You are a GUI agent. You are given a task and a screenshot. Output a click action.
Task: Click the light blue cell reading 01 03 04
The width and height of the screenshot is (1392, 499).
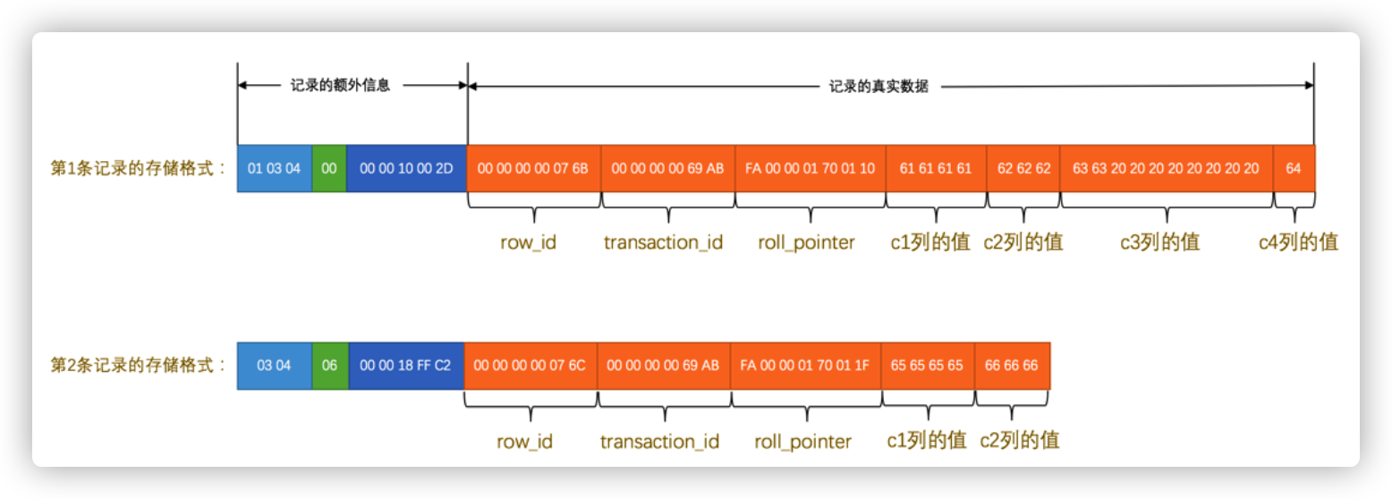274,168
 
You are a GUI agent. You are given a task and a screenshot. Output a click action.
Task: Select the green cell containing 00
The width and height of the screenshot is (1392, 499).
329,168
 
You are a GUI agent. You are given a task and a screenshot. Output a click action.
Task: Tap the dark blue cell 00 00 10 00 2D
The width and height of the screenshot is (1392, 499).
406,168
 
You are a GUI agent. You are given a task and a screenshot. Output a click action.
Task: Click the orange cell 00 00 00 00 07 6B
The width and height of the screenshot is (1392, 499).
533,168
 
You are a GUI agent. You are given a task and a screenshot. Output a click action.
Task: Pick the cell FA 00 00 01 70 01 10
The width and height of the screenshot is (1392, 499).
810,168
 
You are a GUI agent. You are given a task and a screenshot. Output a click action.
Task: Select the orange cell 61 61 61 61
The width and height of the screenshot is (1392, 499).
936,168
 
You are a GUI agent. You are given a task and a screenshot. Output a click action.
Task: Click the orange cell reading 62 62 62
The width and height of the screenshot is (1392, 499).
1023,168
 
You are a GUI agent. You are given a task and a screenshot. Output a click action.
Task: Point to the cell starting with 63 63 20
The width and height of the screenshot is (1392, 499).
1166,168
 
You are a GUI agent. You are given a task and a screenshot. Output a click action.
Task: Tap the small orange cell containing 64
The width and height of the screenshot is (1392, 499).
1294,168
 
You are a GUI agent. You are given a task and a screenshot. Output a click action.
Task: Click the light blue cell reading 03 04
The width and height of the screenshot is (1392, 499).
274,366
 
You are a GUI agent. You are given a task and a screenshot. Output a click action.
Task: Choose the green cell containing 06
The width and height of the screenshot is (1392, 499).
329,366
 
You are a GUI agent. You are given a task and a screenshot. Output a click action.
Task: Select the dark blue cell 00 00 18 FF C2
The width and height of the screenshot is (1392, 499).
405,366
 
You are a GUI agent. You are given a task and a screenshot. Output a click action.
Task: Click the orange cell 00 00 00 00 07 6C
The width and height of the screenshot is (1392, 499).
530,366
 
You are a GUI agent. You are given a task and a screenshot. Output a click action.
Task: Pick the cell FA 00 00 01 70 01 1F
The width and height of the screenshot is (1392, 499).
805,366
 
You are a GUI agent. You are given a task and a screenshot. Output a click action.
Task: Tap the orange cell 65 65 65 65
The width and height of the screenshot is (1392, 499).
928,366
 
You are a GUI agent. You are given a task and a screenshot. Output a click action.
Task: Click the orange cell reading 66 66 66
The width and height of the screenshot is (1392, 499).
1012,366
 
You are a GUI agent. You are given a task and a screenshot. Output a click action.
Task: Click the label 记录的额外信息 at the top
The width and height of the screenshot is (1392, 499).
341,86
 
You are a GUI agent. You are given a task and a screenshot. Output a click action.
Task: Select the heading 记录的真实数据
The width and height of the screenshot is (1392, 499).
878,87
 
